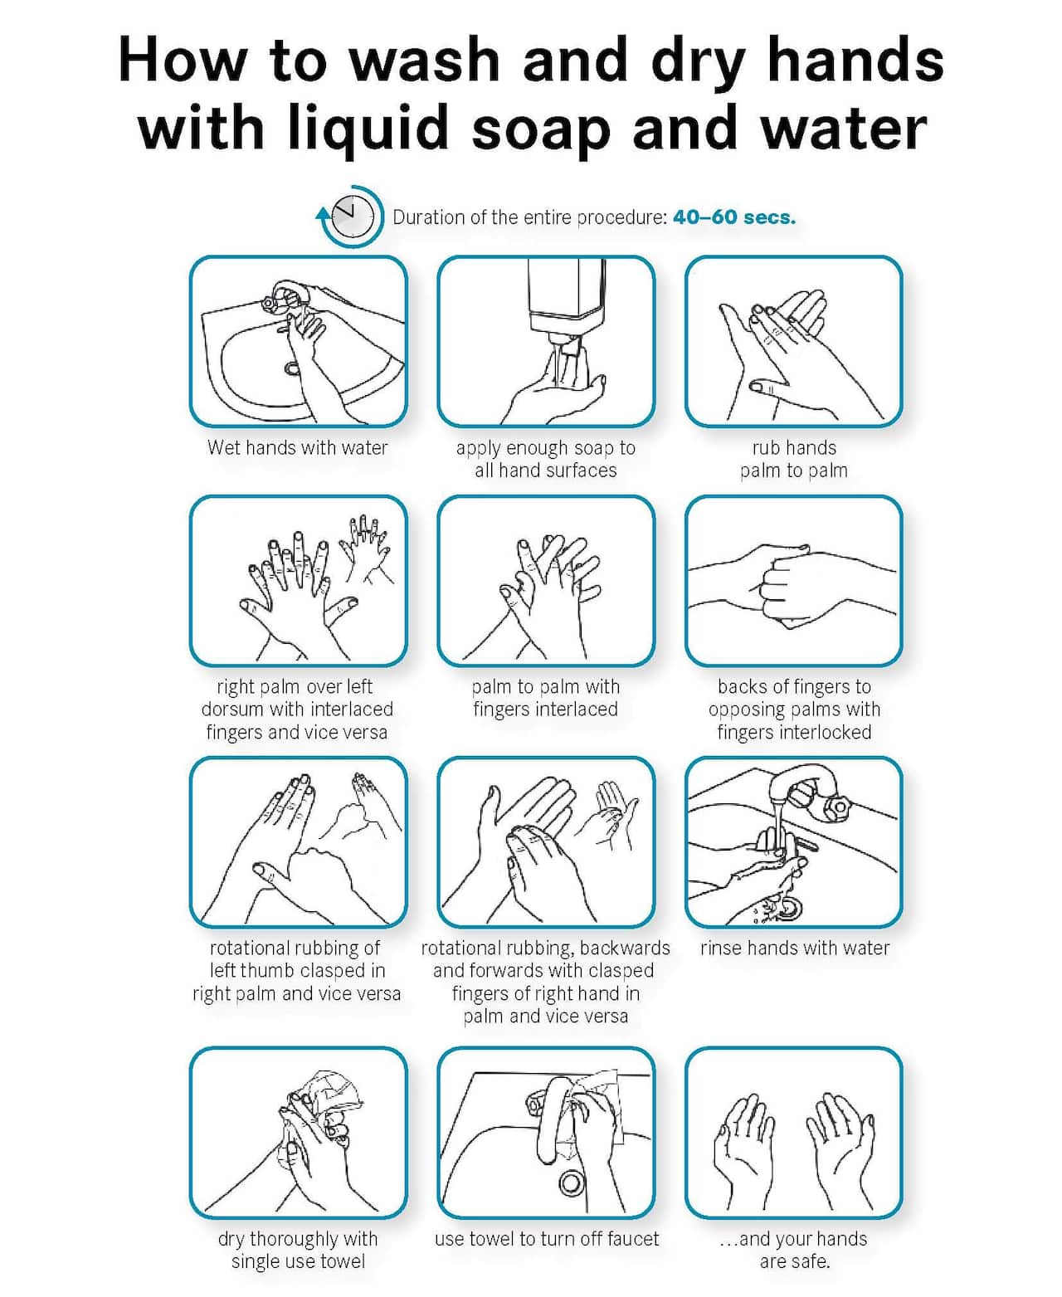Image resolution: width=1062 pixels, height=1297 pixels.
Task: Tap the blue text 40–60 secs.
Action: pos(733,217)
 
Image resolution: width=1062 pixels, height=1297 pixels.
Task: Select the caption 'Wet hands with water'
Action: pos(298,448)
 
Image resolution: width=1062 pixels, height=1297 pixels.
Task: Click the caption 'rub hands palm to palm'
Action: pos(794,459)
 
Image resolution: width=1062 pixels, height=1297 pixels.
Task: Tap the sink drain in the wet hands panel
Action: pos(292,368)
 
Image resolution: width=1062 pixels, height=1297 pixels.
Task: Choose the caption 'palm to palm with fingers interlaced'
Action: pos(545,698)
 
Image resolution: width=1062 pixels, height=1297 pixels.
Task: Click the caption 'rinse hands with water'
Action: pos(794,948)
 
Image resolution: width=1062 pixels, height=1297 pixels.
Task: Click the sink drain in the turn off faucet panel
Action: pos(570,1181)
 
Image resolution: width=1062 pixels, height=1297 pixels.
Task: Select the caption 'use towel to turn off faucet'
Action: pos(546,1239)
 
